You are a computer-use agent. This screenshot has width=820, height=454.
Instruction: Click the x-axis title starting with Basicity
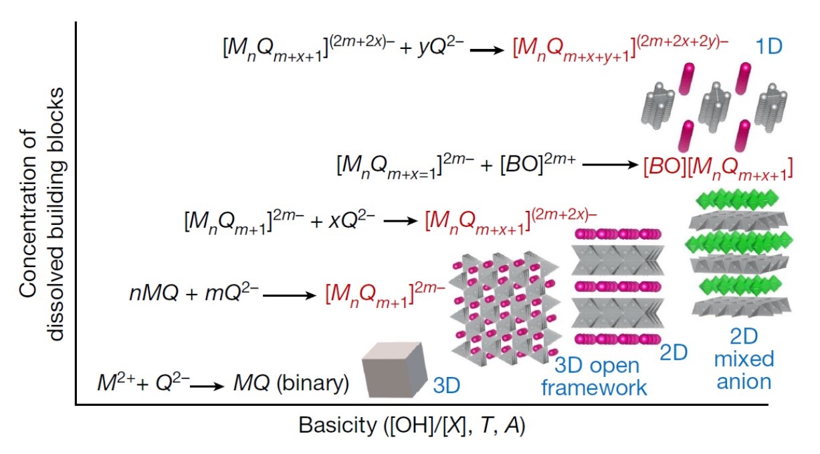[411, 426]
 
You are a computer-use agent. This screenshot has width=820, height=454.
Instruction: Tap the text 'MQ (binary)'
[291, 384]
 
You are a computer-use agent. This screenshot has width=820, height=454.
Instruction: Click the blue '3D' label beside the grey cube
[446, 386]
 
